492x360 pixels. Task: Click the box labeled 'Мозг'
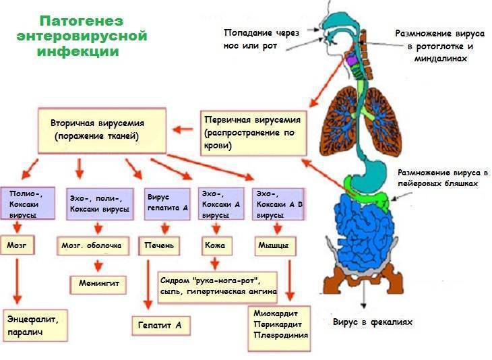(x=18, y=245)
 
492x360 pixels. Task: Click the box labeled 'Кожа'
(x=215, y=245)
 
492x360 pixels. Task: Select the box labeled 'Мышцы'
(x=273, y=245)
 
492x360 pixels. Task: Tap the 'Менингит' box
(x=98, y=283)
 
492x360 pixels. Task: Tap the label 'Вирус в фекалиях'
(x=372, y=322)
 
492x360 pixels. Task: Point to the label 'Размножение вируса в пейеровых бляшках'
(x=442, y=178)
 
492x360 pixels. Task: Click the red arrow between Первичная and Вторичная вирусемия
(x=183, y=128)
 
